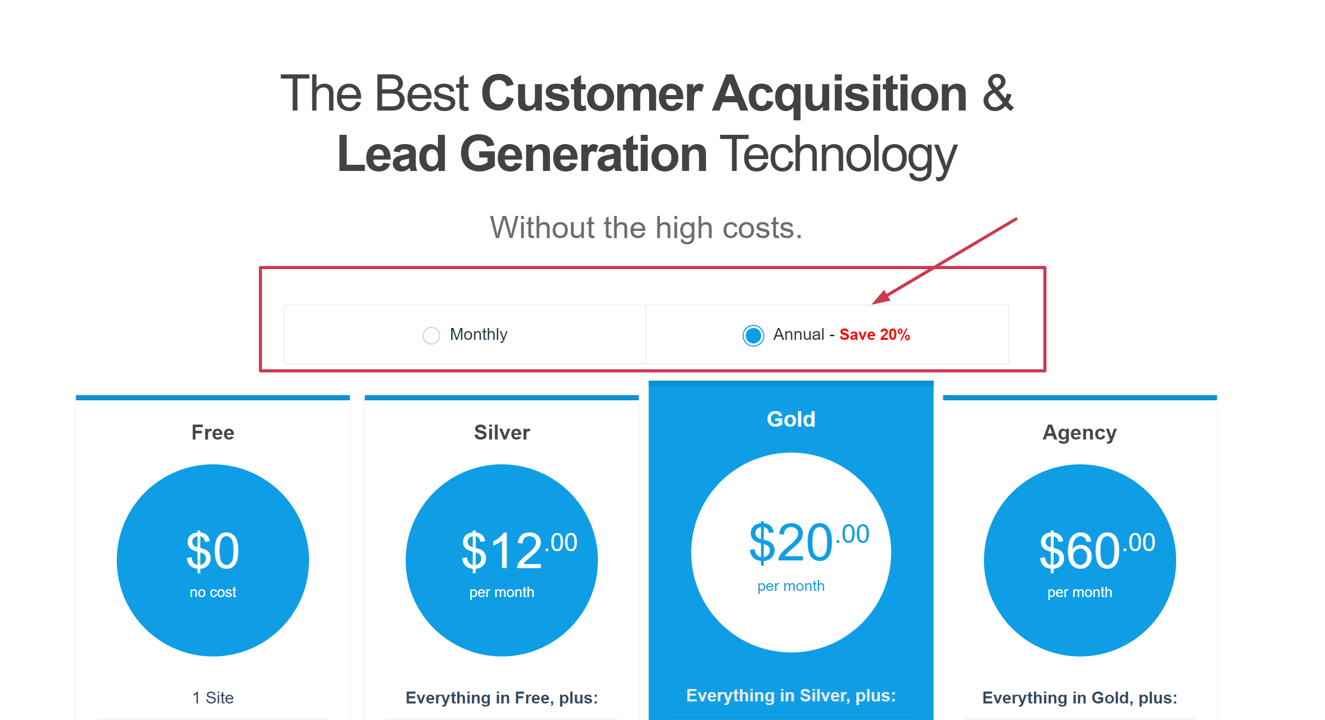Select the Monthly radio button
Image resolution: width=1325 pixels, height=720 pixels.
click(x=431, y=335)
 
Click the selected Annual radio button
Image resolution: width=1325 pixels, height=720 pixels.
click(x=753, y=335)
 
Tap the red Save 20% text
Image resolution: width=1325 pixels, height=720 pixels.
click(x=874, y=335)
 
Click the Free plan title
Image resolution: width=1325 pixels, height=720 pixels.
click(x=213, y=432)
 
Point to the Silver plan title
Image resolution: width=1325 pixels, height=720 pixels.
click(x=502, y=432)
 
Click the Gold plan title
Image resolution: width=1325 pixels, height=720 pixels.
click(x=791, y=419)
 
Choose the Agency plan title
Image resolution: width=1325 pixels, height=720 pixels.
click(x=1080, y=433)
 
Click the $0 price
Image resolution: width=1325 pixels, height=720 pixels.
click(x=213, y=551)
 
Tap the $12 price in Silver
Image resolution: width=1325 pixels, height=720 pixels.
click(x=519, y=551)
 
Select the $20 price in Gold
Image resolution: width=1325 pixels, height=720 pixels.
click(x=809, y=542)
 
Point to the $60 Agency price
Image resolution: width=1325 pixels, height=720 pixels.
click(x=1097, y=551)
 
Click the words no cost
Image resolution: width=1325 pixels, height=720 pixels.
click(x=213, y=592)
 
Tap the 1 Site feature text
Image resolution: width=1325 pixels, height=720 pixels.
click(x=213, y=698)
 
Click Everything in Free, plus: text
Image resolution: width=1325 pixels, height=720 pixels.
click(x=502, y=698)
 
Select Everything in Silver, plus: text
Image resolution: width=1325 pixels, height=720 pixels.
click(x=791, y=696)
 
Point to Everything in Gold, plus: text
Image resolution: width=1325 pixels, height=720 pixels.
click(x=1080, y=698)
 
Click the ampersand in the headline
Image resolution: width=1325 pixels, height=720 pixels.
click(x=998, y=93)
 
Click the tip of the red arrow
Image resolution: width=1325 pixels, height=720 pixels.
click(x=872, y=304)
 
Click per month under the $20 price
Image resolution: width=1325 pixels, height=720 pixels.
click(x=791, y=586)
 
